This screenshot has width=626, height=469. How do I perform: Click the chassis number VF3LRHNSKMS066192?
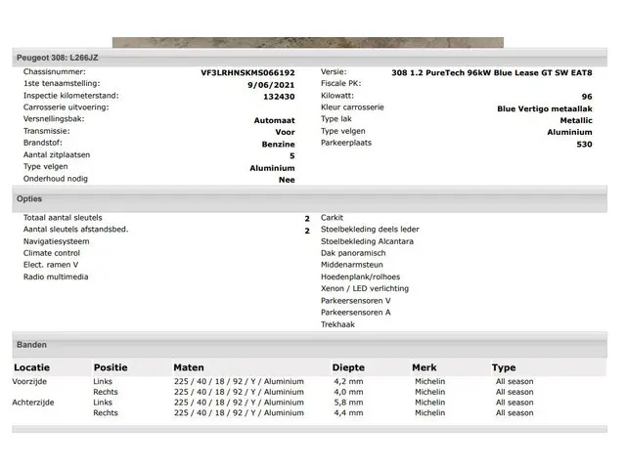[247, 73]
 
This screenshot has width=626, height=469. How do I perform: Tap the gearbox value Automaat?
[274, 120]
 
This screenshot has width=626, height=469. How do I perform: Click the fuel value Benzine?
[278, 144]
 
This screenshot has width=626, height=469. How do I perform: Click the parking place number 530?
[584, 144]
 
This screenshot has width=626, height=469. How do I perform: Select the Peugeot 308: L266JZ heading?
[58, 58]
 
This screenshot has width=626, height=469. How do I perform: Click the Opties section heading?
[29, 198]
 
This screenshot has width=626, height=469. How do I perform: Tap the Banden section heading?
[31, 345]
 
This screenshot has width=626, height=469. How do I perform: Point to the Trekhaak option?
[337, 324]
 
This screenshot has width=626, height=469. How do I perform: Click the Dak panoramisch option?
[353, 253]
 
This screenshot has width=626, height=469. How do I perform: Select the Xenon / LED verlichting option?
[365, 288]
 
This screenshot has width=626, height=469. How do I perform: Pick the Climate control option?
[52, 253]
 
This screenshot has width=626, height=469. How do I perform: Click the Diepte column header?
[348, 368]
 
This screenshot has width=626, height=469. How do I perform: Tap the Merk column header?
[425, 368]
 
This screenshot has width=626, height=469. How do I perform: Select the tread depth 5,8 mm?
[348, 403]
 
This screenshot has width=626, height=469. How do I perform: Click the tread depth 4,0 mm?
[348, 392]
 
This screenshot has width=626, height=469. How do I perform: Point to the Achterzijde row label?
[33, 403]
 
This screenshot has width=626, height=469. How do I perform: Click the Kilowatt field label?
[338, 97]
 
